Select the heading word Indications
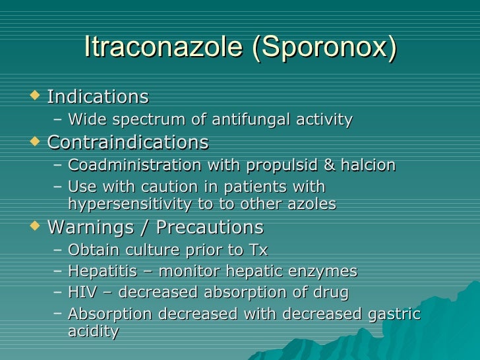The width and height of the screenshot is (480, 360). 98,97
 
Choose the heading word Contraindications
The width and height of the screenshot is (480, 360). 128,142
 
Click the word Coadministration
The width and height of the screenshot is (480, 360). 129,165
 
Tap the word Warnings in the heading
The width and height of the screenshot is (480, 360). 88,227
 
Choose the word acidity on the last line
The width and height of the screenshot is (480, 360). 93,331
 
